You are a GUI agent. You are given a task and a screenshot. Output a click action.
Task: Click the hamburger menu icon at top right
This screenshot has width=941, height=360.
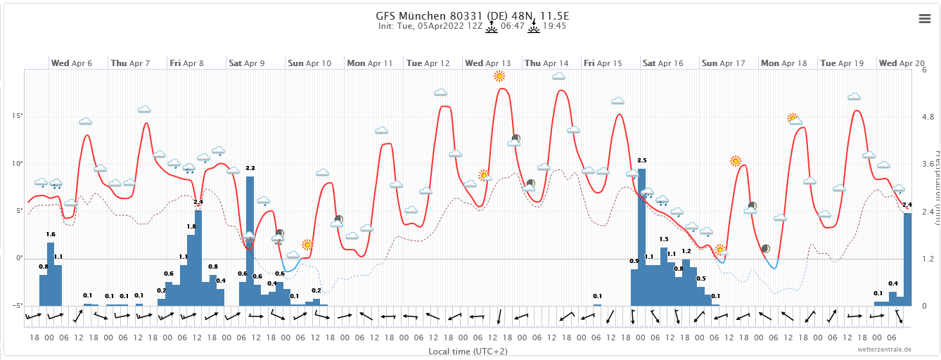coord(925,19)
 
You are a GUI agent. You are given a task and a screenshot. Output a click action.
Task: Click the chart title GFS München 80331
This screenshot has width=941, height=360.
coord(470,15)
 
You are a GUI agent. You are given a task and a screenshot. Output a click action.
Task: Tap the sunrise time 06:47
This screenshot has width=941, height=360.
coord(512,26)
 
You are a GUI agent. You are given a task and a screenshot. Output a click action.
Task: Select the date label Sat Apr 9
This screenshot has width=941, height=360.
coord(246,63)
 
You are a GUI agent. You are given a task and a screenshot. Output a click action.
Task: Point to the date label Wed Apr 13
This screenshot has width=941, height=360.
coord(487,63)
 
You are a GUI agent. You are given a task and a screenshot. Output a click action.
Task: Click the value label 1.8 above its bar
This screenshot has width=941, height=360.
coord(191,226)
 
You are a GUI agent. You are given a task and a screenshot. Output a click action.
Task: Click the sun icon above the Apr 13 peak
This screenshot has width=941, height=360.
coord(499,76)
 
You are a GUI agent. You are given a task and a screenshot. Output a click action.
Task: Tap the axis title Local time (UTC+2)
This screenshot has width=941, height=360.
coord(468,351)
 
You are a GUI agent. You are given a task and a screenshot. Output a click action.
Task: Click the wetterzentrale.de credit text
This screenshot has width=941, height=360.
coord(884,349)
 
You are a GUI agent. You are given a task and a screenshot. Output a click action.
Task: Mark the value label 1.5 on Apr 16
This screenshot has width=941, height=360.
coord(664,240)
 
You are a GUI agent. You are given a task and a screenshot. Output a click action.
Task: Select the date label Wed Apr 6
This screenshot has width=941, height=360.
coord(71,63)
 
